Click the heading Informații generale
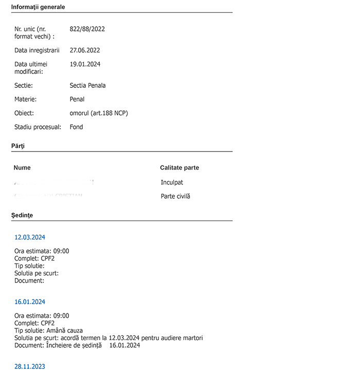[x=38, y=7]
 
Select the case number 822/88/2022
[x=87, y=29]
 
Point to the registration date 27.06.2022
[x=85, y=50]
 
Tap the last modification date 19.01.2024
[x=85, y=64]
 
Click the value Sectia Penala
[x=87, y=86]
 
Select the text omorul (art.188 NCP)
[x=99, y=113]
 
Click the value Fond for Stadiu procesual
[x=76, y=127]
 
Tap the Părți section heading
[x=18, y=146]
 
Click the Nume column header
[x=22, y=168]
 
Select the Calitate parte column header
[x=179, y=168]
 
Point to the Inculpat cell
[x=172, y=182]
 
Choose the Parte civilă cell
[x=175, y=196]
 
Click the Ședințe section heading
[x=22, y=216]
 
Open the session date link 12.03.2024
[x=30, y=237]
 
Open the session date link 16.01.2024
[x=30, y=302]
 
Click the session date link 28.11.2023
[x=30, y=367]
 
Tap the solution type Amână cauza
[x=64, y=331]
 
